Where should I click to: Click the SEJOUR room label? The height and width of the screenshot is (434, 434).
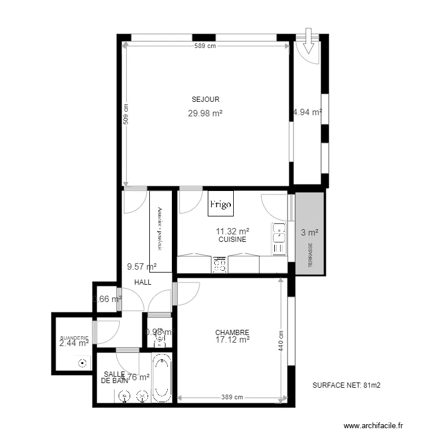[205, 100]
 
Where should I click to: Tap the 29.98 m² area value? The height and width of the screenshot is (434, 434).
[205, 113]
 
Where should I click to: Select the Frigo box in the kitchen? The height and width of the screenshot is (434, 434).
[220, 204]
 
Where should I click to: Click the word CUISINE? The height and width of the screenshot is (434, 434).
[233, 239]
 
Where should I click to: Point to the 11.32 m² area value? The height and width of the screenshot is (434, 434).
[233, 230]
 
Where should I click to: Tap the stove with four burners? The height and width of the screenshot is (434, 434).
[220, 264]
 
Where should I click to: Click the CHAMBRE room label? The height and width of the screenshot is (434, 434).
[232, 333]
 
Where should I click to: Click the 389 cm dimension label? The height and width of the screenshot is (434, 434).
[233, 398]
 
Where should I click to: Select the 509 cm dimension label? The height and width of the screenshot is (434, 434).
[126, 115]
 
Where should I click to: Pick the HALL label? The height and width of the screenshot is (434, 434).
[143, 282]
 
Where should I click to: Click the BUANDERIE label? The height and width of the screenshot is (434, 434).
[73, 338]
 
